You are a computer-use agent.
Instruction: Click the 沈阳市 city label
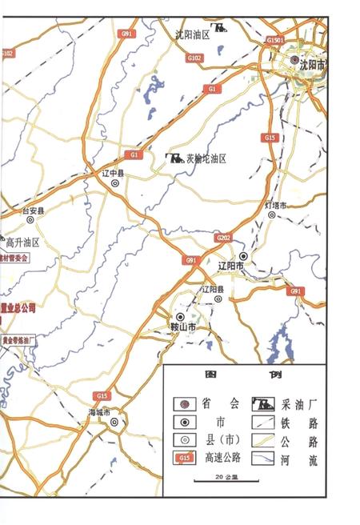tap(312, 66)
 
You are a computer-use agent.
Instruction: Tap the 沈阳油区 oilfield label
tap(192, 34)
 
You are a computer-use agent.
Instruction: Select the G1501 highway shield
tap(276, 38)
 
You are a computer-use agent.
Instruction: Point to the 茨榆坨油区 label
tap(206, 158)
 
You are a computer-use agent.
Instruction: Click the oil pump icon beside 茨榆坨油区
tap(174, 158)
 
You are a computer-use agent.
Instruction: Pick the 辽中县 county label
tap(115, 171)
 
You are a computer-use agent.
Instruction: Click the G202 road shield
tap(222, 238)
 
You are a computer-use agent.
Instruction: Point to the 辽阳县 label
tap(214, 288)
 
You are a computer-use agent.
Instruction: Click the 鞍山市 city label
tap(183, 328)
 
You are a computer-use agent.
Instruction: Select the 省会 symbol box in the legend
tap(185, 403)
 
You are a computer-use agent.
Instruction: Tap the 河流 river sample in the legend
tap(265, 459)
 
